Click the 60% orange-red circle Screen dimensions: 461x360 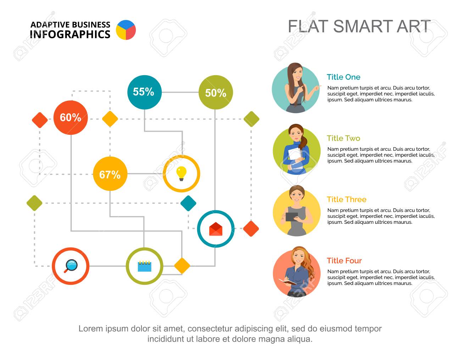[x=71, y=117]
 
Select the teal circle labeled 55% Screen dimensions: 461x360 [x=144, y=92]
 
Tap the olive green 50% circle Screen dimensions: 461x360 [x=216, y=92]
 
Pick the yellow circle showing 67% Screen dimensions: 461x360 [x=110, y=174]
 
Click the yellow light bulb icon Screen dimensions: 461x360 [x=182, y=174]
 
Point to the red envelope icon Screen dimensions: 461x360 [x=216, y=229]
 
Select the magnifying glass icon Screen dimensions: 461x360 [x=71, y=266]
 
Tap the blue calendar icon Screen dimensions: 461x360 [x=144, y=266]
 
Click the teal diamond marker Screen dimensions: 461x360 [x=188, y=203]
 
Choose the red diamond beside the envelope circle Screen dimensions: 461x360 [x=251, y=229]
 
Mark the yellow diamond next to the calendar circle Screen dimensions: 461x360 [x=182, y=266]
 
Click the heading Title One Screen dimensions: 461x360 [x=344, y=77]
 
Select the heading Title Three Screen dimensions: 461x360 [x=346, y=199]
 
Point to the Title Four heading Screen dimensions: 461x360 [x=344, y=260]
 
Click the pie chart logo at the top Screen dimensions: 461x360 [x=126, y=30]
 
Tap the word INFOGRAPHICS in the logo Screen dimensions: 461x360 [x=70, y=34]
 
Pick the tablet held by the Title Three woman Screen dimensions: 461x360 [x=291, y=217]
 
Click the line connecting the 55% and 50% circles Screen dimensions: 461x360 [x=180, y=92]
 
